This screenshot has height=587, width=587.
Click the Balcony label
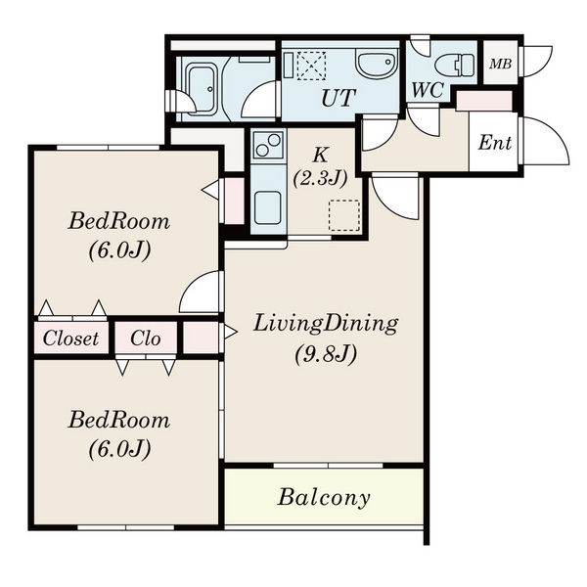coord(324,498)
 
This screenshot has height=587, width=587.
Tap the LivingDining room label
coord(326,324)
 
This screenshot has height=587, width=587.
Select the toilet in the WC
coord(455,65)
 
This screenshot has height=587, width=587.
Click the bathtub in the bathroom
coord(202,88)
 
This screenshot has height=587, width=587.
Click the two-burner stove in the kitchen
coord(268,145)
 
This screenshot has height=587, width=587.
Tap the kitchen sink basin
coord(267,207)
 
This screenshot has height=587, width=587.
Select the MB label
coord(500,64)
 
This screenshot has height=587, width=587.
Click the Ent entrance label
coord(494,143)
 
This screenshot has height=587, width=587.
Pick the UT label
coord(339,98)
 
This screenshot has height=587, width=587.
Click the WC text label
coord(428,90)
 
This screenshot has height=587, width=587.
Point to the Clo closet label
coord(145,339)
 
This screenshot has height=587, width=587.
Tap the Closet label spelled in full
coord(70,339)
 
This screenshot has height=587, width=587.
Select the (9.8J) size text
coord(326,354)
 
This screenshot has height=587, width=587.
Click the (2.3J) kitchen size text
coord(321,179)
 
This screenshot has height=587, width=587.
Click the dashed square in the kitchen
coord(344,215)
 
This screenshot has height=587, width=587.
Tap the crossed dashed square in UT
coord(311,66)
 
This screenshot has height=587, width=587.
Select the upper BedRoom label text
coord(119,221)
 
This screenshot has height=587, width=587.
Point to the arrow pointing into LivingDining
coord(231,332)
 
